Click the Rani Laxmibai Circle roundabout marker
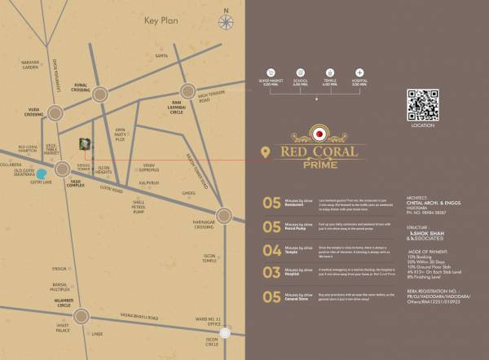188,91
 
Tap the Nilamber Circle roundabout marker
82,316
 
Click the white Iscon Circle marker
226,332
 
